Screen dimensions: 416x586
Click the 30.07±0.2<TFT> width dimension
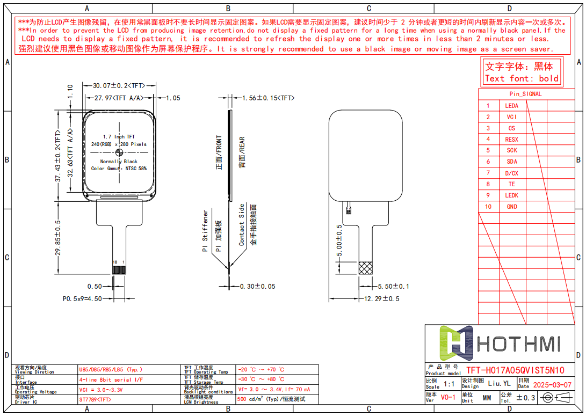coord(119,85)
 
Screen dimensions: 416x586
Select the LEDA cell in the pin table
coord(512,106)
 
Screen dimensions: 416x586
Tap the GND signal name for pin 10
coord(512,207)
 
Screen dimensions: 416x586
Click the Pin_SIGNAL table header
coord(525,94)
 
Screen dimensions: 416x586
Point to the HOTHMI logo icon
coord(456,343)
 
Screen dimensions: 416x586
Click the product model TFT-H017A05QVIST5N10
coord(515,370)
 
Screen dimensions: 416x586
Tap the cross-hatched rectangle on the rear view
coord(366,268)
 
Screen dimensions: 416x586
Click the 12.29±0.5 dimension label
coord(382,298)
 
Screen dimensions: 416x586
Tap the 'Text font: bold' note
coord(522,78)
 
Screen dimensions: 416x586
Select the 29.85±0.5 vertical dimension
coord(59,237)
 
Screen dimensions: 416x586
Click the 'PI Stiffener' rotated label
coord(205,231)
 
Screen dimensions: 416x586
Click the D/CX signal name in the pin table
coord(512,173)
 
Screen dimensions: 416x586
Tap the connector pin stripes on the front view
coord(119,270)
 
